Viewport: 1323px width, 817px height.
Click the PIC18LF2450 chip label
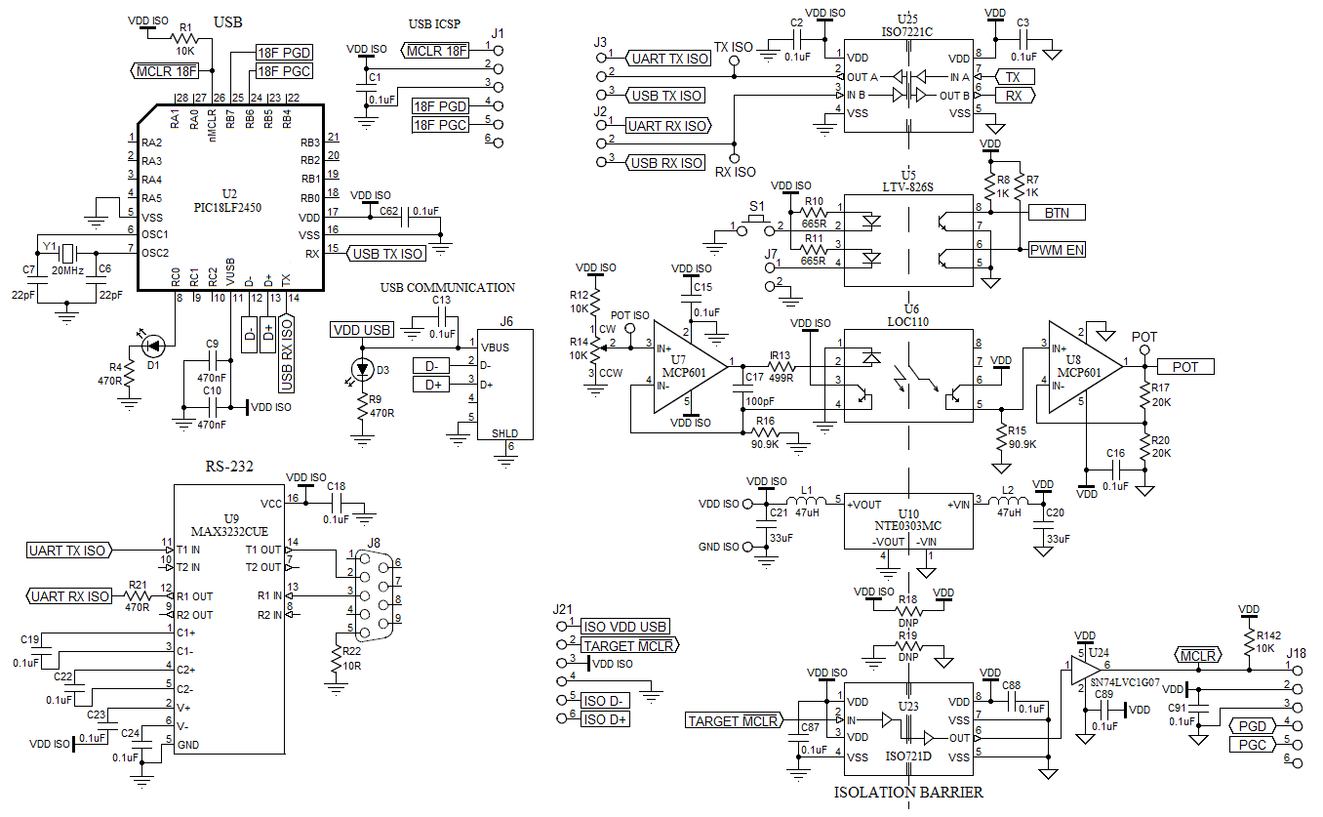click(228, 207)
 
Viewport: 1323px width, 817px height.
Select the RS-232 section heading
click(229, 468)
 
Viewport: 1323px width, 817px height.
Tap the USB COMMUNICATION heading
click(448, 287)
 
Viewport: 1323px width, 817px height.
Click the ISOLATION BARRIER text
click(908, 792)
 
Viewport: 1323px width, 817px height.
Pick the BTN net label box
click(1056, 212)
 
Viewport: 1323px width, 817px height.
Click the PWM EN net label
click(1056, 250)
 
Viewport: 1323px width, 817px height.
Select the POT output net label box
click(1184, 366)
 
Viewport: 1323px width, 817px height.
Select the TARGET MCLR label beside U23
click(733, 720)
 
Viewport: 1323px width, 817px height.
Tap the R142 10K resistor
click(1249, 641)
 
